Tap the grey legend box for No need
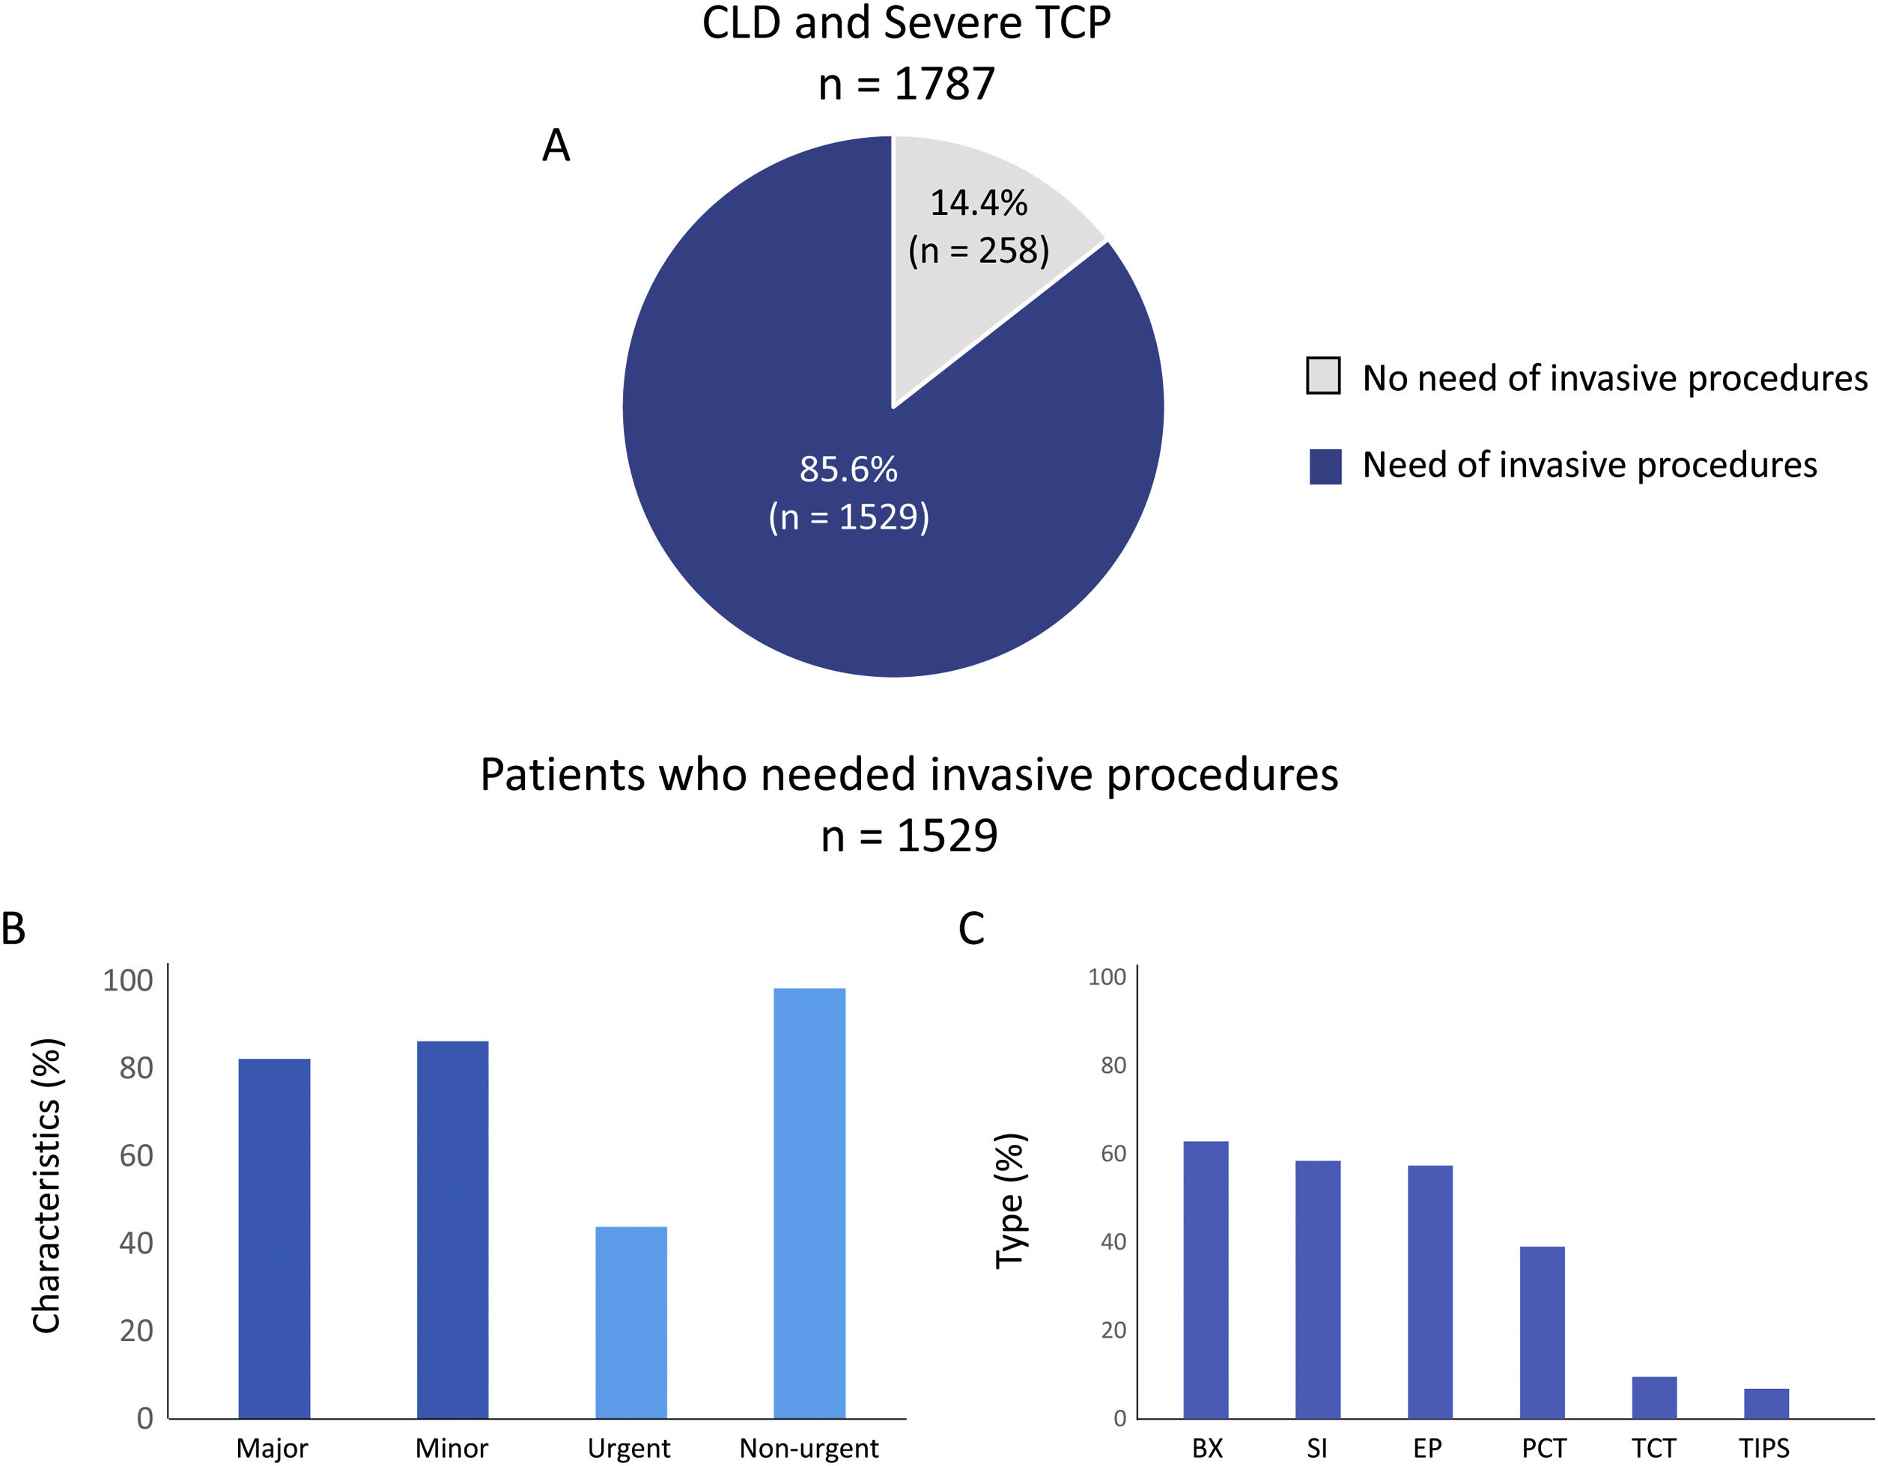[1322, 376]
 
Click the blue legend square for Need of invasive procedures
[1325, 466]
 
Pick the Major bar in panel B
[273, 1238]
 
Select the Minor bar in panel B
[452, 1229]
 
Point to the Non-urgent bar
[809, 1204]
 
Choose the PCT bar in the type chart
[1542, 1332]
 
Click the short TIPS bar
[1766, 1403]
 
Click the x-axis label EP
[1427, 1448]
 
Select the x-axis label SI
[1316, 1448]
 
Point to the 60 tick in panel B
[136, 1155]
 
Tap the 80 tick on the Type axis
[1113, 1065]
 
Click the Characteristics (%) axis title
[47, 1187]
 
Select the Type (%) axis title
[1010, 1200]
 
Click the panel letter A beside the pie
[556, 145]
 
